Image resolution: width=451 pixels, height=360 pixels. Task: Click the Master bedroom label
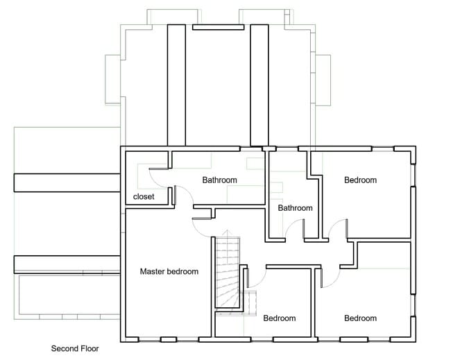tap(169, 271)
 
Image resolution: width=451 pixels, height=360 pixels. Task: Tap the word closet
tap(144, 197)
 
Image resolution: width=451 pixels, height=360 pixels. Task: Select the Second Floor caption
tap(76, 349)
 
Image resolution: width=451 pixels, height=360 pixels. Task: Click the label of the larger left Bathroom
tap(219, 180)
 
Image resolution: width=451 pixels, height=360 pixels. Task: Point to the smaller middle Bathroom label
tap(295, 208)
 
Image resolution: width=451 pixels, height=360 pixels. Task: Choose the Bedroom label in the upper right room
tap(360, 180)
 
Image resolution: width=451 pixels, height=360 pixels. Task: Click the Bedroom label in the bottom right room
tap(360, 318)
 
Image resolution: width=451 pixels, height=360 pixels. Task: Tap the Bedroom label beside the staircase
tap(279, 318)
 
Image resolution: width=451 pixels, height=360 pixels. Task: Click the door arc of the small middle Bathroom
tap(296, 228)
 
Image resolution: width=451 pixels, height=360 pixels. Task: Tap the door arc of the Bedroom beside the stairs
tap(257, 279)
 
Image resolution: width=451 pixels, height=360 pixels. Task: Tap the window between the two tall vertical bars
tap(218, 27)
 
